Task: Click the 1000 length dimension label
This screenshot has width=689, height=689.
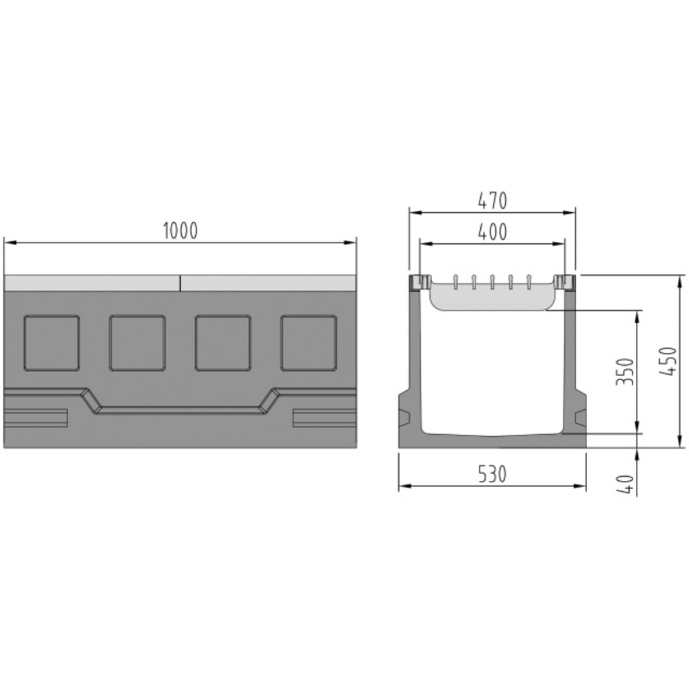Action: [x=180, y=231]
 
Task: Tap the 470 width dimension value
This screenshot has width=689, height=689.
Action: [x=492, y=200]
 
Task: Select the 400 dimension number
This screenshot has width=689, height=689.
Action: [x=492, y=232]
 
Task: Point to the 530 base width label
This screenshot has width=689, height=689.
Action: [x=492, y=475]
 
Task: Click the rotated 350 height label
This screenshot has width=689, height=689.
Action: [x=625, y=372]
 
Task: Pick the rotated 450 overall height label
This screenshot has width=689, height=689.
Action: [x=667, y=361]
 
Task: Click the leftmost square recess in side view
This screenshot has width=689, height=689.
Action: [x=52, y=342]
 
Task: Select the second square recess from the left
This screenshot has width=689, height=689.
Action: [x=138, y=342]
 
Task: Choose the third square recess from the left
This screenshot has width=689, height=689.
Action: [x=223, y=342]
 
